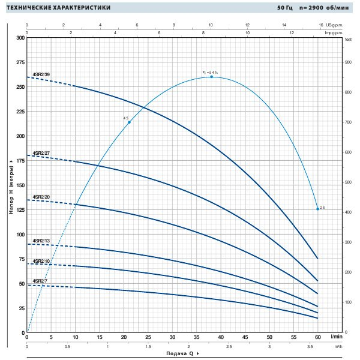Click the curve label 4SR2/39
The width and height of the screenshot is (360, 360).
[41, 75]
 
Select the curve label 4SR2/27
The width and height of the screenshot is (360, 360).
[41, 154]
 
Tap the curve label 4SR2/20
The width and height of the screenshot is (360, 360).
[41, 197]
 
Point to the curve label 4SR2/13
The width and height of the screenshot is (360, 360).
[41, 241]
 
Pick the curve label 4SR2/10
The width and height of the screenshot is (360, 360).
[41, 261]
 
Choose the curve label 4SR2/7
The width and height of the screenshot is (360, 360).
[40, 281]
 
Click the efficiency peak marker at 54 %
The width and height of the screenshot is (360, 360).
[212, 77]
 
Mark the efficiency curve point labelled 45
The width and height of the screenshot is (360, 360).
[129, 122]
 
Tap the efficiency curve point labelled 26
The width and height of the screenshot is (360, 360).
[317, 209]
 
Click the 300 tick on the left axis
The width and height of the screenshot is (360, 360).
[20, 38]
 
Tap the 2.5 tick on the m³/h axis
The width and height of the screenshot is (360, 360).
[229, 347]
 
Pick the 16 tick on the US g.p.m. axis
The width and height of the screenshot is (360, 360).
[322, 25]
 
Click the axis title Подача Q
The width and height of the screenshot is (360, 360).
[179, 353]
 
